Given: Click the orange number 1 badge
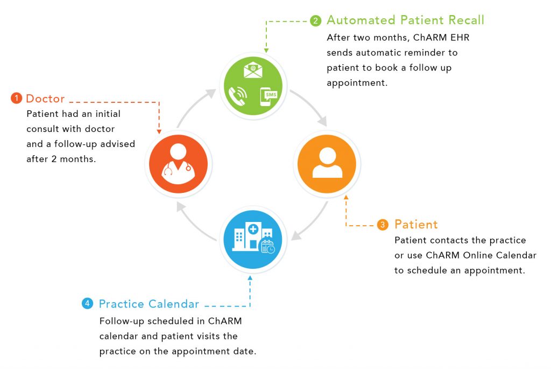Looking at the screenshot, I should click(17, 99).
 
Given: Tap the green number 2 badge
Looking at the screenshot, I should click(316, 21).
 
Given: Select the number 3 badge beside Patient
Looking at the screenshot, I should click(383, 225).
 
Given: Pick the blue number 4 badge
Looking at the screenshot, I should click(87, 304).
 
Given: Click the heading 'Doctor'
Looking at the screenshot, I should click(45, 99).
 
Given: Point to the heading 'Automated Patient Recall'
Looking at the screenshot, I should click(405, 20).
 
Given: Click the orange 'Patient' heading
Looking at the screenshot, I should click(416, 224).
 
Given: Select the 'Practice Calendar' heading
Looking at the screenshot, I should click(149, 304).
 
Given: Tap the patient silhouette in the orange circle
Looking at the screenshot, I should click(327, 162).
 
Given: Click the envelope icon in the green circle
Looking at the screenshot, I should click(252, 70).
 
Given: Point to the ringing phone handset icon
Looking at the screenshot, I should click(237, 95).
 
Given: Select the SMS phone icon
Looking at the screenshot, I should click(266, 96).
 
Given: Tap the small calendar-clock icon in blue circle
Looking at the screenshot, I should click(267, 247).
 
